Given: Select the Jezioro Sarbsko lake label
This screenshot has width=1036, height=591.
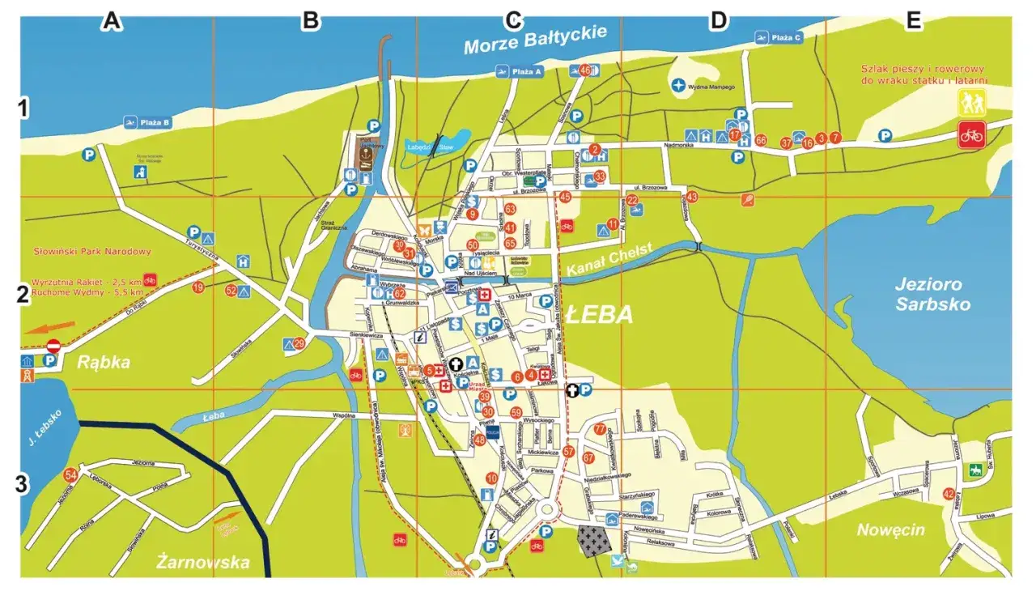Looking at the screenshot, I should (x=932, y=294).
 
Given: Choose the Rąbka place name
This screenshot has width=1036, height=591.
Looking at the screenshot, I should (x=104, y=362).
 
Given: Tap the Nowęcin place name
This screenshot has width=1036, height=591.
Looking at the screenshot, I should (x=890, y=530).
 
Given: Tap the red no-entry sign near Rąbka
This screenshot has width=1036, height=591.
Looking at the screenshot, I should (x=54, y=347).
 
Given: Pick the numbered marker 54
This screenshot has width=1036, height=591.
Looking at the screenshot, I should (x=70, y=474).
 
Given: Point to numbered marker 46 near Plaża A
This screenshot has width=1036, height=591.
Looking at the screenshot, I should (x=585, y=70).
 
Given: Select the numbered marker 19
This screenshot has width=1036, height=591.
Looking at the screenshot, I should (x=198, y=287).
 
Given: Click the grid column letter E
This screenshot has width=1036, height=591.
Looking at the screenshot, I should (x=914, y=22).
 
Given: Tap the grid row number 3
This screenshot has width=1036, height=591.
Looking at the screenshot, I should (x=24, y=486).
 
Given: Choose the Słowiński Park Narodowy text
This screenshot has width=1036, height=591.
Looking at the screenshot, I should (x=92, y=252).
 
